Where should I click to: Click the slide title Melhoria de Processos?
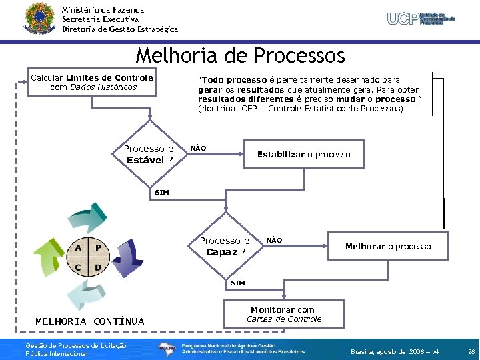[240, 55]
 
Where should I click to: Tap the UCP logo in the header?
[421, 18]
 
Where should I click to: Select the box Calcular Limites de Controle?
[92, 82]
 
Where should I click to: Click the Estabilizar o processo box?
[303, 155]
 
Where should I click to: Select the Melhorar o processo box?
[387, 247]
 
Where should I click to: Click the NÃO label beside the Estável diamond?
[199, 148]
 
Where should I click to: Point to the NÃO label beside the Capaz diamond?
[274, 239]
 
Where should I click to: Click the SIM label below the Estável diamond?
[162, 193]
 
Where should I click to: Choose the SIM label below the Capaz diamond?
[237, 283]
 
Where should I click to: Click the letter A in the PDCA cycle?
[79, 247]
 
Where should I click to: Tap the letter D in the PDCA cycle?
[98, 268]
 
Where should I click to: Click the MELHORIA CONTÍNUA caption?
[89, 321]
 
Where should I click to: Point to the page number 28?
[471, 351]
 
